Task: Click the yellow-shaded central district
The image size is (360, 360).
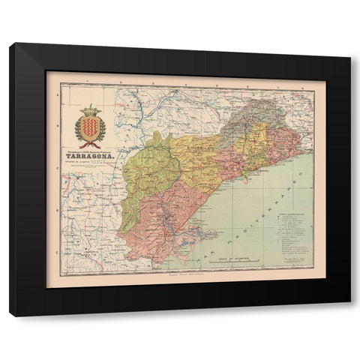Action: click(x=206, y=157)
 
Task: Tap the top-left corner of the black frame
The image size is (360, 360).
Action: click(x=11, y=45)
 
